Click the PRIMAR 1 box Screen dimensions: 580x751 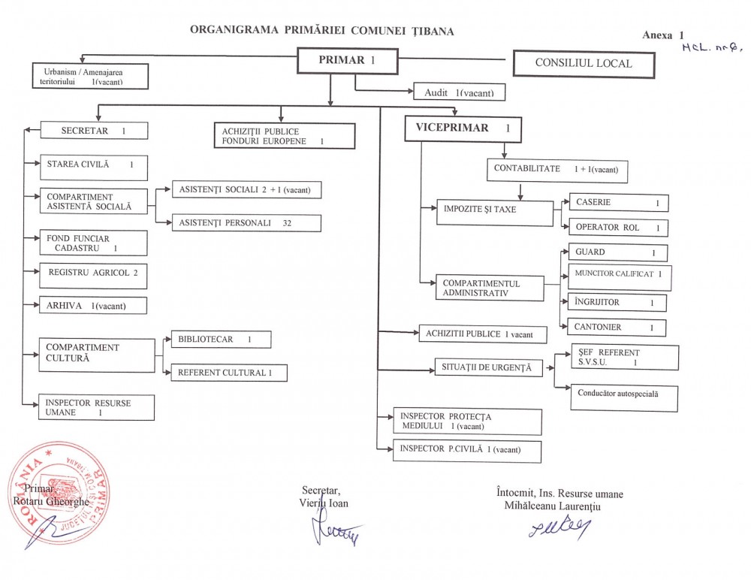point(347,61)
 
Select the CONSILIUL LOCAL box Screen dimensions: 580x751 point(584,64)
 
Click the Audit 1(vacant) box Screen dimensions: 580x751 point(459,92)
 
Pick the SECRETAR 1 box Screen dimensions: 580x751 point(93,131)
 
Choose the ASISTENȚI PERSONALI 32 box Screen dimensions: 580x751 point(246,223)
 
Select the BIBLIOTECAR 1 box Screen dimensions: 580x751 point(220,340)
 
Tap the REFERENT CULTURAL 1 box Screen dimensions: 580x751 point(228,373)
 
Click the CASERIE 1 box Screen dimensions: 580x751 point(618,203)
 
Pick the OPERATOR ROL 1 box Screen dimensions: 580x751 point(618,228)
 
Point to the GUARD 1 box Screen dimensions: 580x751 point(618,253)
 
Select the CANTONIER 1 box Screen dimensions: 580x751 point(618,328)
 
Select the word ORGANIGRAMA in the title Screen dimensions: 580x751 point(235,32)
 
